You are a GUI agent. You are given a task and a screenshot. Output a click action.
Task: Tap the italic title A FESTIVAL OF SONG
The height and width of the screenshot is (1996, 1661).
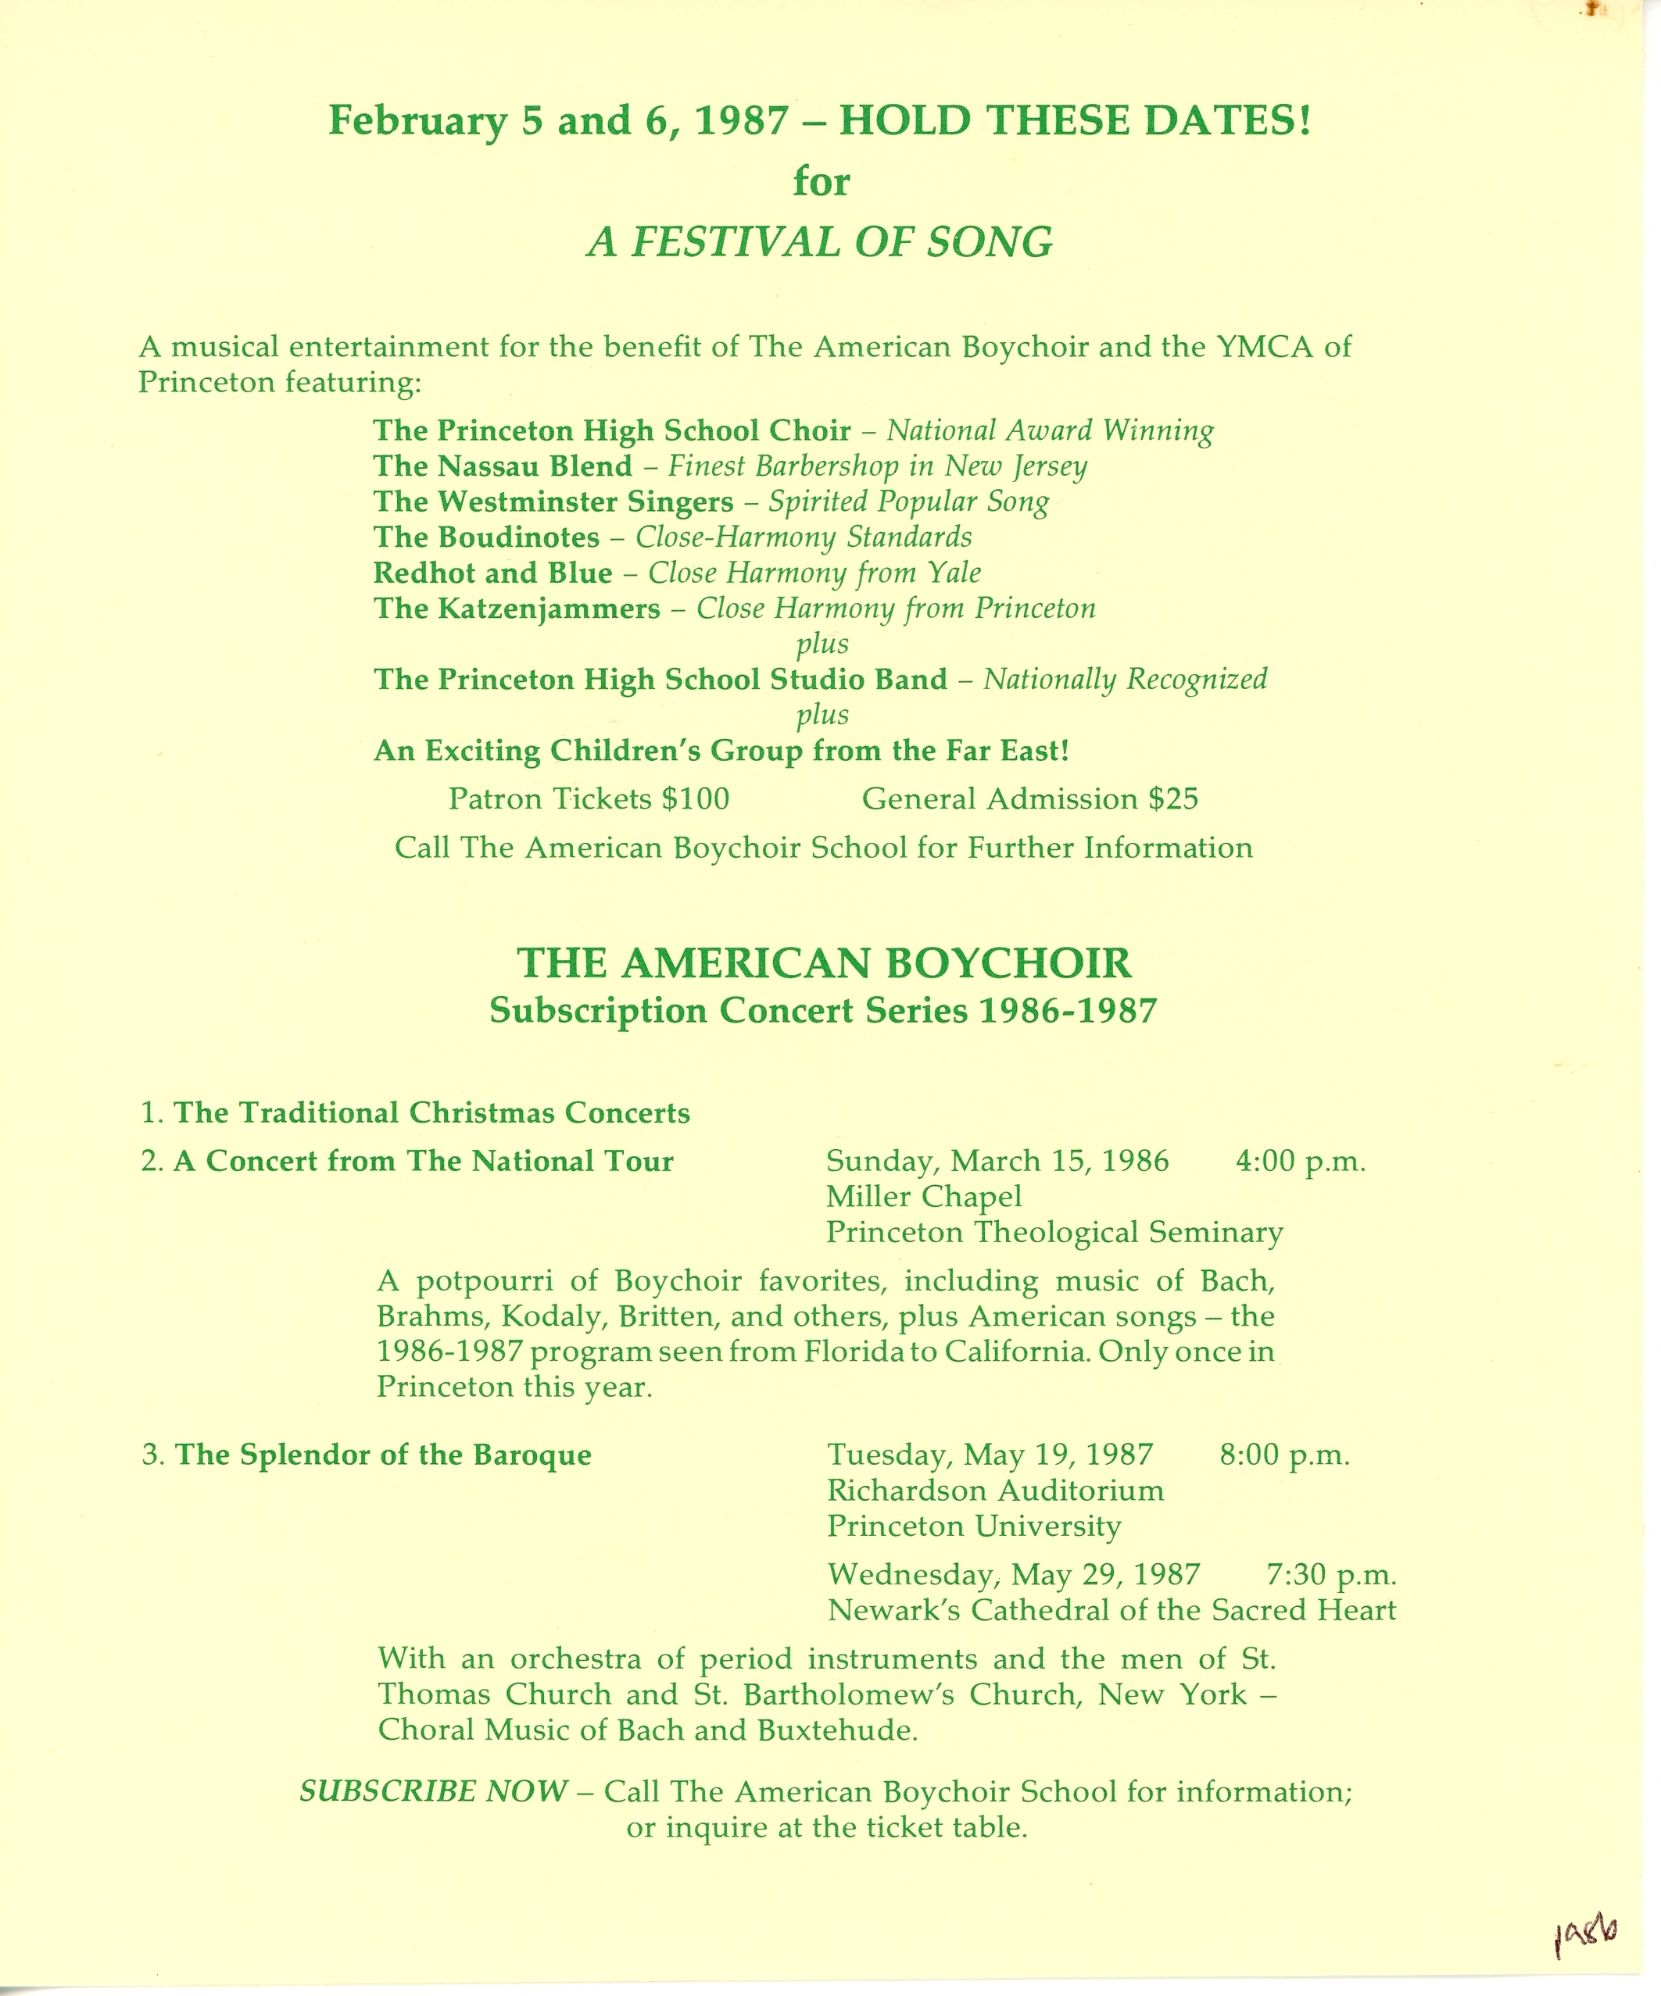coord(820,242)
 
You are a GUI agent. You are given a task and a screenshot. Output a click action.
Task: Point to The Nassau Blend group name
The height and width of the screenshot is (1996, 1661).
coord(502,466)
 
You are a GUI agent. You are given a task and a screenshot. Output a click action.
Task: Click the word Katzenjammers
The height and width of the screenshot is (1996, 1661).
coord(549,609)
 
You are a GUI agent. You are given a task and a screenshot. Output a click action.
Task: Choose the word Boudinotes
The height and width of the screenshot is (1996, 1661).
coord(518,537)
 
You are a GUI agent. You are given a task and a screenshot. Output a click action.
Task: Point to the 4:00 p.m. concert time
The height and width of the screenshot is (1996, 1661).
coord(1300,1162)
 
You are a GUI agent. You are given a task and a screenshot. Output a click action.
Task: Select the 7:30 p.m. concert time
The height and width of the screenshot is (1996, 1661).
coord(1331,1575)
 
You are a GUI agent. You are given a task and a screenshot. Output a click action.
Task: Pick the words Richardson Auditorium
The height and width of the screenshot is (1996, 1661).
coord(994,1491)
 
